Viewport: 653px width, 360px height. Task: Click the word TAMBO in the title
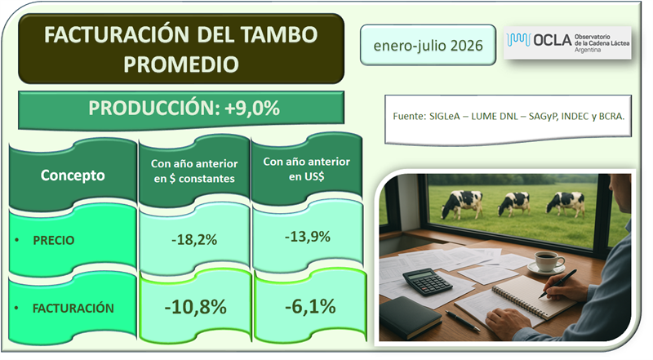tap(278, 34)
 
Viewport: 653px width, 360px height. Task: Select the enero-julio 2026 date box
tap(428, 45)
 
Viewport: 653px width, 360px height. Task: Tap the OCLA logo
tap(567, 42)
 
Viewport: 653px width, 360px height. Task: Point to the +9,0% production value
tap(252, 109)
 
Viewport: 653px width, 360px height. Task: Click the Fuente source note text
tap(509, 116)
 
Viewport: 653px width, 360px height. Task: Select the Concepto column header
tap(73, 176)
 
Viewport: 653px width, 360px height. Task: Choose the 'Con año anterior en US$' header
tap(307, 169)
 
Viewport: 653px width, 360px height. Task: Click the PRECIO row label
tap(53, 241)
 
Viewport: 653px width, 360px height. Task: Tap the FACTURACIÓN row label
tap(73, 309)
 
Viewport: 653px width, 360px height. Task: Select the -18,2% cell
tap(194, 240)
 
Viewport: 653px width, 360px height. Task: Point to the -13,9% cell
tap(308, 237)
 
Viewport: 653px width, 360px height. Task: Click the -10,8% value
tap(195, 308)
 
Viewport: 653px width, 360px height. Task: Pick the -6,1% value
tap(310, 307)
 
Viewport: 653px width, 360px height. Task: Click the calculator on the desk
tap(427, 282)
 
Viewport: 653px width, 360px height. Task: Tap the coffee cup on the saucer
tap(549, 261)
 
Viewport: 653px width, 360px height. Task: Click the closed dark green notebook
tap(411, 317)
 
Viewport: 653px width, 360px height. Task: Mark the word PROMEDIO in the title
tap(181, 64)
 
